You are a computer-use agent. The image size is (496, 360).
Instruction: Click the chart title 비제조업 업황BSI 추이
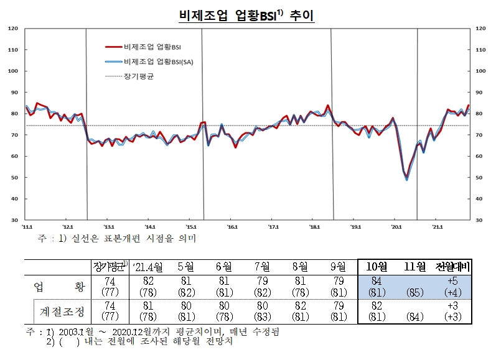pos(248,14)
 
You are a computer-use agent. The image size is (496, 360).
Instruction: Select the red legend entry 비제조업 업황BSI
pos(152,47)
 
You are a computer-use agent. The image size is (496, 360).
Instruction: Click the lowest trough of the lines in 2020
pos(407,179)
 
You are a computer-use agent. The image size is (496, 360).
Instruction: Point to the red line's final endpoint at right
pos(468,105)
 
